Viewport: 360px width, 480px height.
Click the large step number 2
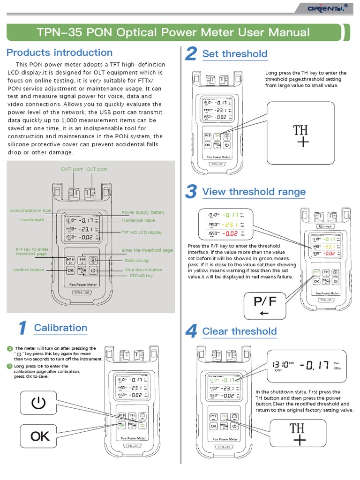coord(190,54)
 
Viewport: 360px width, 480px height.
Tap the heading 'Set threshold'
coord(234,54)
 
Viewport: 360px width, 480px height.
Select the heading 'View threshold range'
coord(254,192)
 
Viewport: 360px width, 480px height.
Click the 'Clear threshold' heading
coord(239,331)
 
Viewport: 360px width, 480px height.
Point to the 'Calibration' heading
coord(60,328)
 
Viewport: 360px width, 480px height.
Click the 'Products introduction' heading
coord(60,52)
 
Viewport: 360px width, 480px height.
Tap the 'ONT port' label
coord(72,169)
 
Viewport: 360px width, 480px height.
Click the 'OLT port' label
coord(97,169)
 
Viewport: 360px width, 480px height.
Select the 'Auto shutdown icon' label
coord(31,210)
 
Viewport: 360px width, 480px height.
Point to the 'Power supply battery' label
coord(143,212)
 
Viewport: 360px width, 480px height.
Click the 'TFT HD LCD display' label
coord(142,232)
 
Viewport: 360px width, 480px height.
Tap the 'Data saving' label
coord(136,260)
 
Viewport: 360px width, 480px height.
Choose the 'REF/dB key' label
coord(141,276)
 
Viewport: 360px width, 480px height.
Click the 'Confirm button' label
coord(28,270)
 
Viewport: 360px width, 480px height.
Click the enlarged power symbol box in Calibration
coord(39,403)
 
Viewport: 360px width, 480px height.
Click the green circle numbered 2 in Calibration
coord(9,366)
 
